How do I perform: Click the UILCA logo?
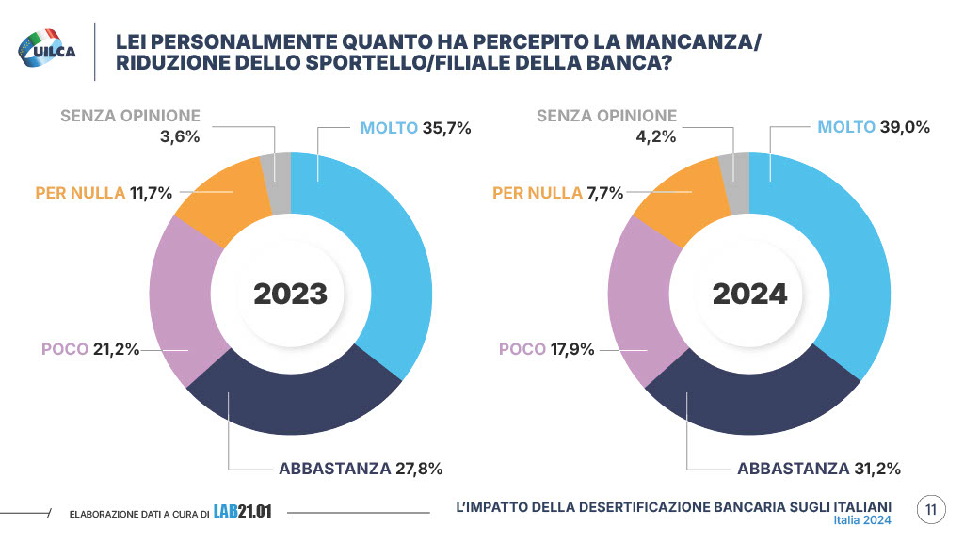pyautogui.click(x=47, y=50)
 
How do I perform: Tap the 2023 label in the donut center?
pyautogui.click(x=290, y=294)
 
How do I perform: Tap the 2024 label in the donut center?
pyautogui.click(x=748, y=294)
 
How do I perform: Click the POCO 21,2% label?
pyautogui.click(x=90, y=349)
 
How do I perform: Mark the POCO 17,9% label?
pyautogui.click(x=548, y=349)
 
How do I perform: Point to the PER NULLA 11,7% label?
pyautogui.click(x=104, y=193)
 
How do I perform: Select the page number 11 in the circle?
pyautogui.click(x=930, y=510)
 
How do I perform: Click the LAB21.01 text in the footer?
pyautogui.click(x=242, y=512)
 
